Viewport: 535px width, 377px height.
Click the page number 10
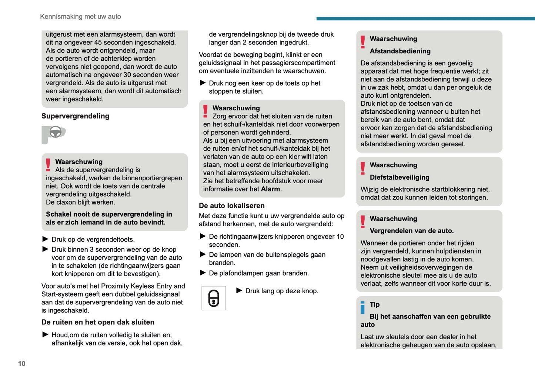22,364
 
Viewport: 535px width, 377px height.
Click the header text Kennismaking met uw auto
80,17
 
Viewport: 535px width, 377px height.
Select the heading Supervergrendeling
76,116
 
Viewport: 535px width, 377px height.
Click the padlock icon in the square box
214,298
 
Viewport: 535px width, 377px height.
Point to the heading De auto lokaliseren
232,206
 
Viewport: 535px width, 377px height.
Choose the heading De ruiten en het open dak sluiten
98,323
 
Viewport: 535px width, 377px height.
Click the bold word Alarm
270,189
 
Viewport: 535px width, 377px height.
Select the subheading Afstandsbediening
400,51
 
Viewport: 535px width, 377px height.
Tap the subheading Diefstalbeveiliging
399,177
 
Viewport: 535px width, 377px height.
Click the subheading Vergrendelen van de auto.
412,231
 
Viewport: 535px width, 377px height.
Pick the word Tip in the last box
375,305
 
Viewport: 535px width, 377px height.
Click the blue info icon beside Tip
363,307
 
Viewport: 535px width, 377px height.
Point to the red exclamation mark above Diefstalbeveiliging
363,168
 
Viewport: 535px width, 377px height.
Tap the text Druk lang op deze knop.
282,291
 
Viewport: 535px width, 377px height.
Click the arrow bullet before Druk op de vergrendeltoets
45,239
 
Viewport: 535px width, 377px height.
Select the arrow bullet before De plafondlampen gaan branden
203,273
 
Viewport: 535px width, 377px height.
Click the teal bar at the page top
425,19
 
